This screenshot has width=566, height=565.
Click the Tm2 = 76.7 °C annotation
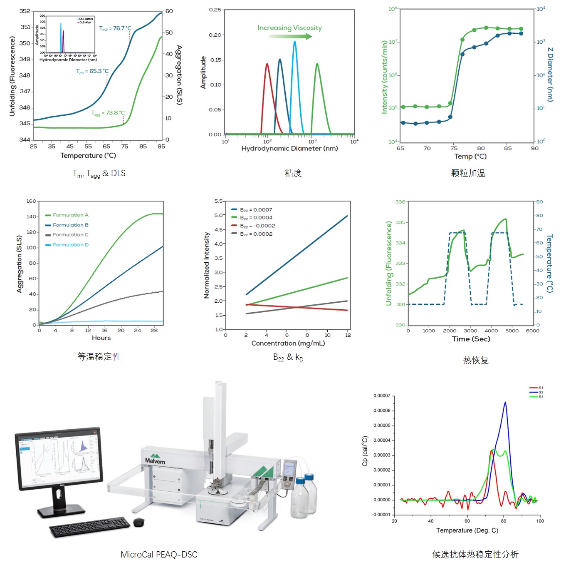pos(115,28)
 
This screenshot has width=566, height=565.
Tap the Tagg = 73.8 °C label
pos(108,113)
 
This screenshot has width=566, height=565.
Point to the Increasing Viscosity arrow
pos(290,36)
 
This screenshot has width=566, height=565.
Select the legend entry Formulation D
pos(70,245)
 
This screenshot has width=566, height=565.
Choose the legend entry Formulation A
pos(70,215)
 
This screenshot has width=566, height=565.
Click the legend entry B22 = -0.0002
pos(257,226)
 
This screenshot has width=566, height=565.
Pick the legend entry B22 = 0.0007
pos(256,210)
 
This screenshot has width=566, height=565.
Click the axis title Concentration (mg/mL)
pos(288,343)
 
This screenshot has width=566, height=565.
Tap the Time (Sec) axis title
pos(471,339)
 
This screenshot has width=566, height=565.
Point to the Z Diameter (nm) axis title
pos(550,75)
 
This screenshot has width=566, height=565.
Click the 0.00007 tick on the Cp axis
pos(382,396)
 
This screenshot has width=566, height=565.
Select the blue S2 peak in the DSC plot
pos(505,403)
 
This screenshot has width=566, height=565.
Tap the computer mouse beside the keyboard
pos(139,522)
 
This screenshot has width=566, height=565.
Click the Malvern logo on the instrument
pos(155,459)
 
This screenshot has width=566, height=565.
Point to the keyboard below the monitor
pos(90,527)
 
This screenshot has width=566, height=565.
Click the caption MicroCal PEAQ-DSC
pos(159,555)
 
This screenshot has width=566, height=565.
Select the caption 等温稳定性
pos(99,357)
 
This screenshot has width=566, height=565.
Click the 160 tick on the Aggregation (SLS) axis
pos(32,201)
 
